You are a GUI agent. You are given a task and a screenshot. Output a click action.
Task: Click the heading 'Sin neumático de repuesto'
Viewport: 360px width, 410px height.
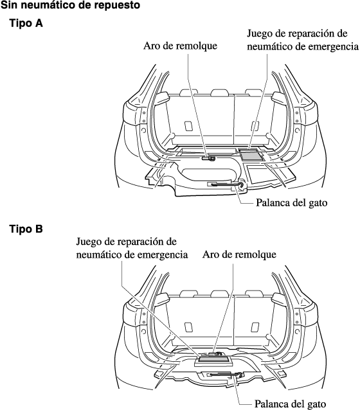tap(70, 5)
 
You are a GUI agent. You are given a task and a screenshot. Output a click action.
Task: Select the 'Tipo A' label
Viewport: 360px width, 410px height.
tap(26, 23)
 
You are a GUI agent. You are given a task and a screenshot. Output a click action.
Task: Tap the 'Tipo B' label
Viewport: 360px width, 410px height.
tap(26, 229)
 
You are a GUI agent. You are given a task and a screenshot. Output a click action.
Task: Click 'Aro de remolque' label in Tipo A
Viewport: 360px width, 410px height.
tap(180, 46)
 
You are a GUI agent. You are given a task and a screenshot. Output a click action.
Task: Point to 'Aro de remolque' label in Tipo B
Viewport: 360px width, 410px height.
tap(239, 254)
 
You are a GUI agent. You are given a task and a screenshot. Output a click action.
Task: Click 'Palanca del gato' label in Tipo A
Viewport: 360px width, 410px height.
tap(291, 202)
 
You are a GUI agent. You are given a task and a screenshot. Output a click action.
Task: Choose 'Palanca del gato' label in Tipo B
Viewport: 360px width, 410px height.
tap(291, 404)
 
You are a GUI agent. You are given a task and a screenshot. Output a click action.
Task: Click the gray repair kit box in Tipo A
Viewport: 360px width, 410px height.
tap(251, 156)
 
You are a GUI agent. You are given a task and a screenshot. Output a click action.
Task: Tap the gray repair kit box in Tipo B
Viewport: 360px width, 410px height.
tap(213, 361)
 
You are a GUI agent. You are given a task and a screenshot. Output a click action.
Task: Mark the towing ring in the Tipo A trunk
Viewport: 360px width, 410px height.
tap(209, 158)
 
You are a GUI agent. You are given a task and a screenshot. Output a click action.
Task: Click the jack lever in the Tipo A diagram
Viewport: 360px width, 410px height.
tap(226, 185)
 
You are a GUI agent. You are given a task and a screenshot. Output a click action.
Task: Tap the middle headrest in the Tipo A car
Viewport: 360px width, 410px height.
tap(220, 92)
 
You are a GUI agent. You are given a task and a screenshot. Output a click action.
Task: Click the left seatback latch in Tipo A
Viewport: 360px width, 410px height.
tap(188, 126)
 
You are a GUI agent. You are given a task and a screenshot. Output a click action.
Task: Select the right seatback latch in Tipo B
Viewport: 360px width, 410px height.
tap(255, 327)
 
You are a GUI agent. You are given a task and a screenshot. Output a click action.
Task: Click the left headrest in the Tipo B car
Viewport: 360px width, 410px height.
tap(189, 293)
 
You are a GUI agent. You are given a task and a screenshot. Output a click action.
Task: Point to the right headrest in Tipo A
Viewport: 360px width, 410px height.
tap(254, 92)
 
